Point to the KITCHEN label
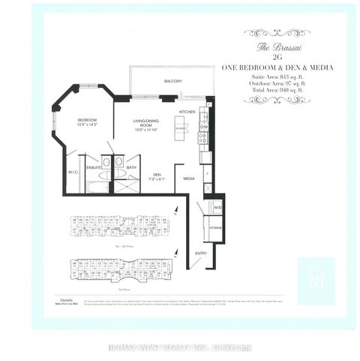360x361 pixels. point(187,111)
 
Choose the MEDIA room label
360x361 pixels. point(189,179)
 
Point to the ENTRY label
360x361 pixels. point(201,254)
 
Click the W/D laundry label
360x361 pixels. point(217,207)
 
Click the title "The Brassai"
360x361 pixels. point(268,47)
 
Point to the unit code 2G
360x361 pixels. point(268,57)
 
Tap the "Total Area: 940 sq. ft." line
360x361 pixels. point(268,89)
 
